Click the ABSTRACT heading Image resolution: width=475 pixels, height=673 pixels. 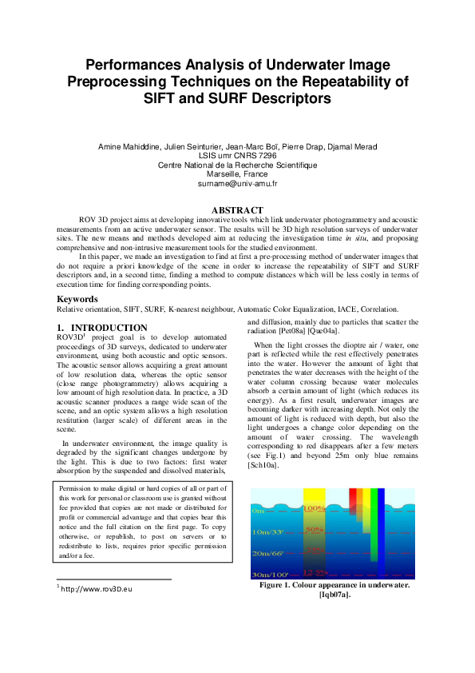[237, 211]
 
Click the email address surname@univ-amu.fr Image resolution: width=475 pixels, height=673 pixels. [237, 184]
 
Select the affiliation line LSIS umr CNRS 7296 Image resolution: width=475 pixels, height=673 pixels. [237, 156]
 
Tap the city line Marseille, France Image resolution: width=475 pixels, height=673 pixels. [237, 174]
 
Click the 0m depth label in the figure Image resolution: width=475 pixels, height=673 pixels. [257, 510]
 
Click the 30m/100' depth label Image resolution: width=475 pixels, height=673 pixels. [266, 574]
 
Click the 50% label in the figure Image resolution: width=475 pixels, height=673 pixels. [315, 529]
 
